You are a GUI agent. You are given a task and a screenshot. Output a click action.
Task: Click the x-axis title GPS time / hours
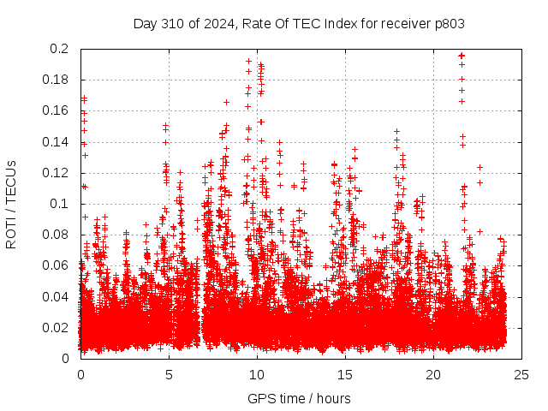[x=299, y=398]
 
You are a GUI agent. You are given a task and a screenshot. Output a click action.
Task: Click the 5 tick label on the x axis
[x=169, y=374]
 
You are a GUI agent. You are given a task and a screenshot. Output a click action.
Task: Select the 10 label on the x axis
[x=257, y=374]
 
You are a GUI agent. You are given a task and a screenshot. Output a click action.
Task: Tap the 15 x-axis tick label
[x=346, y=374]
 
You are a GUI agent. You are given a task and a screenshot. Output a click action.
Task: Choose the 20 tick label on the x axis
[x=434, y=374]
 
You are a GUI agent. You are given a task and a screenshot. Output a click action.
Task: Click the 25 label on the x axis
[x=522, y=374]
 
